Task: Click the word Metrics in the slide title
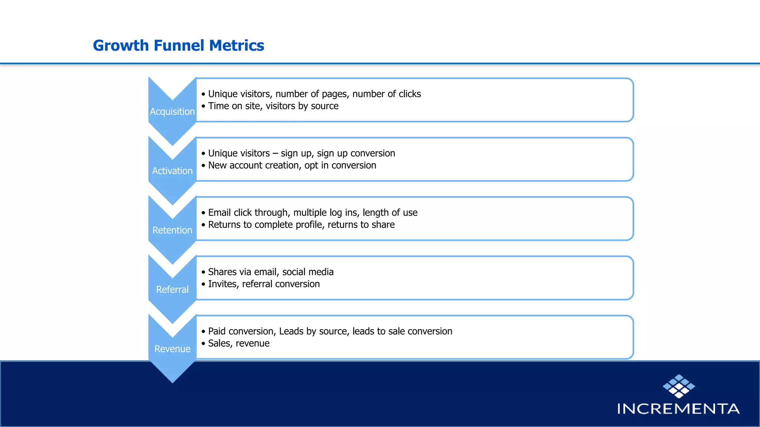coord(236,46)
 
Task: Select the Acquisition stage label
coord(172,112)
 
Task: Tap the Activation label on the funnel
coord(172,171)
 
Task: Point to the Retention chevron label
coord(172,230)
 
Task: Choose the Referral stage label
coord(172,289)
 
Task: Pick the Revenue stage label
coord(172,349)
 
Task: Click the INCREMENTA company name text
coord(678,409)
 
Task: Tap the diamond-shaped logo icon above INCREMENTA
coord(679,386)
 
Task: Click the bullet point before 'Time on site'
coord(203,106)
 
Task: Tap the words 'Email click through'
coord(248,213)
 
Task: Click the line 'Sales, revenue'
coord(239,343)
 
